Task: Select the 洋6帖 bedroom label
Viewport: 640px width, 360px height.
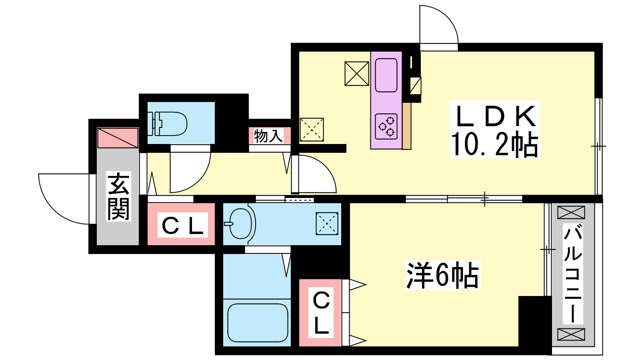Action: [x=442, y=275]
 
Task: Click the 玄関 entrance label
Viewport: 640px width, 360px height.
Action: [x=118, y=196]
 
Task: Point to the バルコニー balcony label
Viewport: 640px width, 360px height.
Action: [x=573, y=274]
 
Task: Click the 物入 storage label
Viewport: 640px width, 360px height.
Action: [x=268, y=136]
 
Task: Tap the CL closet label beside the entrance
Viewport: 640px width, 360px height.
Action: [x=182, y=226]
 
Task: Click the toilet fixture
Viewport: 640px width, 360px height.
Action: [x=168, y=123]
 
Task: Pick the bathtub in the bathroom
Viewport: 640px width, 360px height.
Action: [x=258, y=322]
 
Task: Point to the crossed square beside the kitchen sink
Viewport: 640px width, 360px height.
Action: [x=356, y=74]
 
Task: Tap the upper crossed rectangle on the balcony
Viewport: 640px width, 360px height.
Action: [x=571, y=212]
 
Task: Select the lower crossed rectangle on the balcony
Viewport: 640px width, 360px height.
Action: [x=571, y=334]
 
